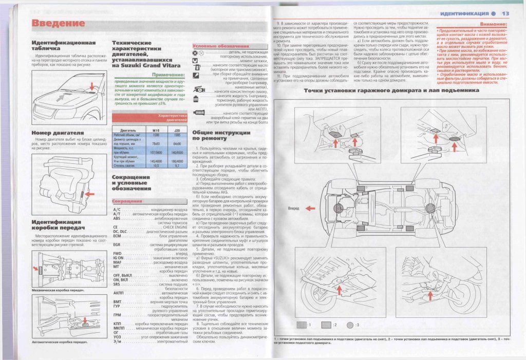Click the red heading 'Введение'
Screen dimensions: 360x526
click(58, 23)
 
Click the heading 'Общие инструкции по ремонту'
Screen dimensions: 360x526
click(213, 135)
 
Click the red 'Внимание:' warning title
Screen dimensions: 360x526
click(493, 24)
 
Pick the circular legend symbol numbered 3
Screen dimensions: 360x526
click(350, 325)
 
